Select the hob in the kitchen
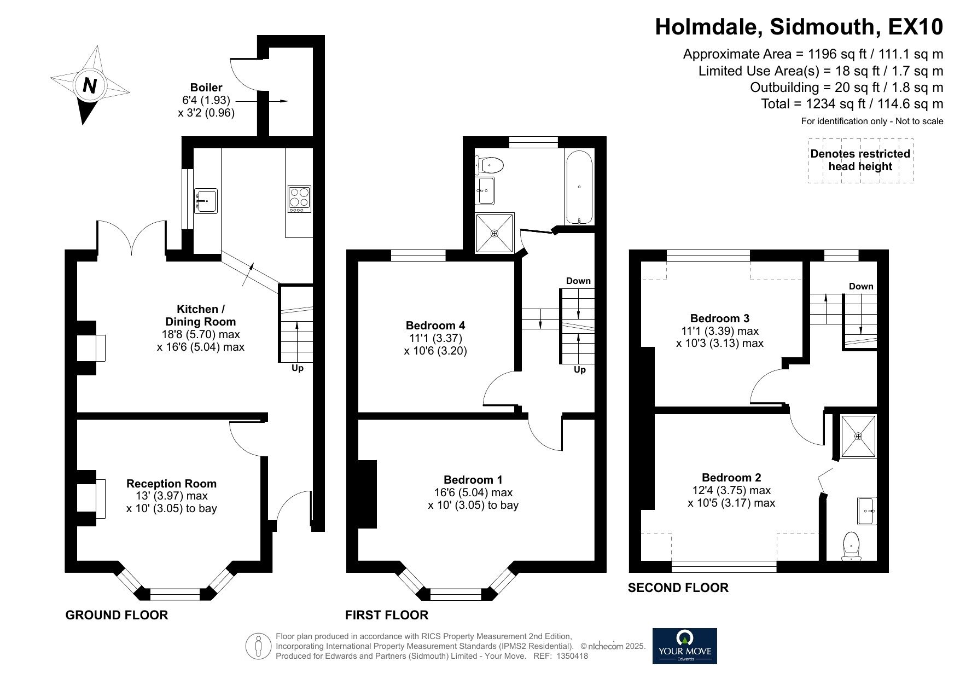coord(300,200)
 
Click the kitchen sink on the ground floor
coord(206,200)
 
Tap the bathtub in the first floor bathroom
coord(579,187)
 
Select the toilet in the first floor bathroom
coord(489,164)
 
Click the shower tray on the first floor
coord(495,233)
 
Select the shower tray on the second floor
coord(858,437)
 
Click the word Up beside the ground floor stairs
coord(297,368)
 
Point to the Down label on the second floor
coord(861,286)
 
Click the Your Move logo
coord(684,646)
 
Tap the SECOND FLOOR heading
coord(678,588)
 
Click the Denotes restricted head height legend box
coord(860,160)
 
